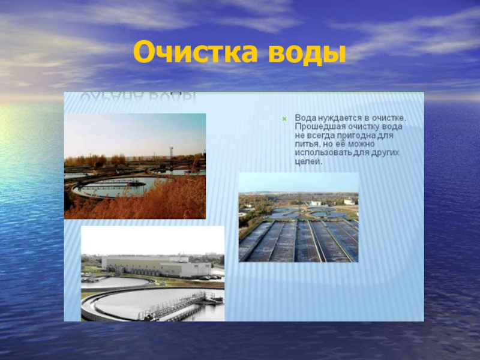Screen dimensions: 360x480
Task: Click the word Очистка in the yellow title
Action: [189, 53]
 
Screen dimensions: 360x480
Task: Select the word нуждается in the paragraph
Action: [333, 118]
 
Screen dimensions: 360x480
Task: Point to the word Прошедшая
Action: [316, 127]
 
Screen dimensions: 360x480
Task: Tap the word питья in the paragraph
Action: [307, 145]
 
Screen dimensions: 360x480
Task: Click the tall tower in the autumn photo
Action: [171, 154]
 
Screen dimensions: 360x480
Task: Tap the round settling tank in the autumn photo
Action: [114, 186]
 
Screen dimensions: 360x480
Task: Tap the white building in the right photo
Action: [316, 203]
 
